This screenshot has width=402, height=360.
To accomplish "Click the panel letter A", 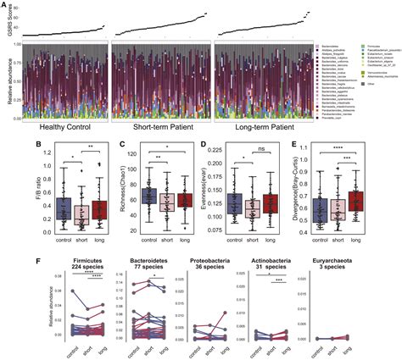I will click(5, 6).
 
